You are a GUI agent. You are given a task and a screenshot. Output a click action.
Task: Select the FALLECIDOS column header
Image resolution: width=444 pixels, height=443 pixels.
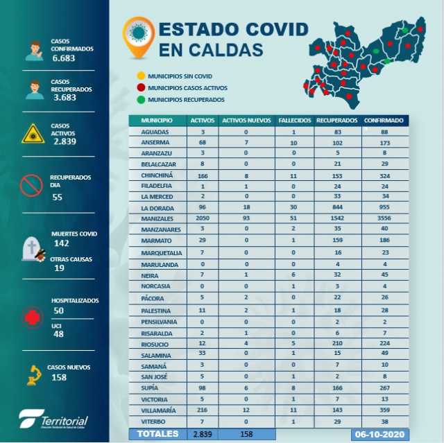pos(295,120)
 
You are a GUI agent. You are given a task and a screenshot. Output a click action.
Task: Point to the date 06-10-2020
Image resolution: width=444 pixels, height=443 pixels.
pos(378,434)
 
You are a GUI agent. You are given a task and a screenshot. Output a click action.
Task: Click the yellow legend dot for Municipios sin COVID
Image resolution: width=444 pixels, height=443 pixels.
pos(141,76)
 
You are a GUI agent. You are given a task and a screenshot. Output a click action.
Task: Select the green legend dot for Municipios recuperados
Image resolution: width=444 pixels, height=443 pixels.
pos(141,99)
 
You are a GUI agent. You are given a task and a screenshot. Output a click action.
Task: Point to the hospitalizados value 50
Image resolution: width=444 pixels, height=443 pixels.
pos(58,312)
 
